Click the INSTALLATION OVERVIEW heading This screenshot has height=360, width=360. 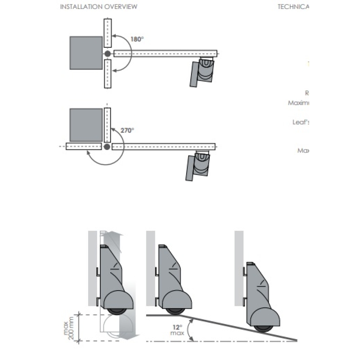(x=99, y=7)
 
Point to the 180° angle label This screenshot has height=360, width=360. (x=137, y=39)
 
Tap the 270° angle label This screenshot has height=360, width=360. (x=127, y=130)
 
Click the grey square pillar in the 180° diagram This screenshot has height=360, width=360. (x=86, y=53)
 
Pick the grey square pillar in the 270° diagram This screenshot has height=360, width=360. (x=86, y=125)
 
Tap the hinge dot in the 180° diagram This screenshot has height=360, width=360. (x=108, y=54)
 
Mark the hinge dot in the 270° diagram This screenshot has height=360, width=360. (x=107, y=147)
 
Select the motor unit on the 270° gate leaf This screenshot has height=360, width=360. (x=199, y=165)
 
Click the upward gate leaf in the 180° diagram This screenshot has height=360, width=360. (x=107, y=33)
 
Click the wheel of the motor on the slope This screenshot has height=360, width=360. (x=263, y=327)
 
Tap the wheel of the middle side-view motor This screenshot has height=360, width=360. (x=175, y=310)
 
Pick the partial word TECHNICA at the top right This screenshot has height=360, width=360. (x=293, y=7)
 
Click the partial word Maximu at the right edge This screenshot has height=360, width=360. (x=298, y=103)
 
